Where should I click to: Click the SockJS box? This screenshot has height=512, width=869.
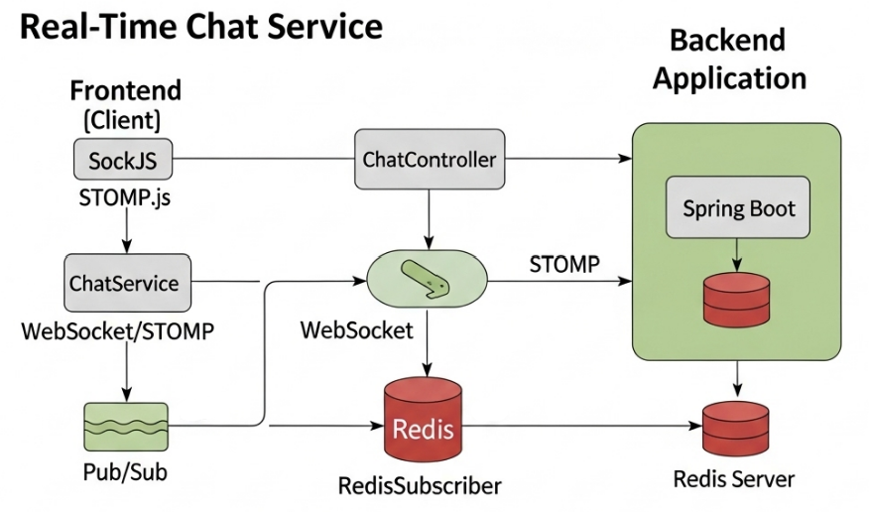click(123, 159)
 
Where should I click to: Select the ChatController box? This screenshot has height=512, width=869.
click(429, 159)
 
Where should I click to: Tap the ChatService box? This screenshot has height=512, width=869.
click(123, 282)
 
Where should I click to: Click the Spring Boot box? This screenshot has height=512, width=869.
click(738, 209)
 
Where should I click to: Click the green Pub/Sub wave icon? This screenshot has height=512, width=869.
click(124, 427)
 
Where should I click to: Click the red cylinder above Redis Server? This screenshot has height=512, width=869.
click(737, 426)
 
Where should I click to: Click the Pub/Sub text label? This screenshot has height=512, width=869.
click(125, 471)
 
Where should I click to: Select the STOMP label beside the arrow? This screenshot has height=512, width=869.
click(563, 264)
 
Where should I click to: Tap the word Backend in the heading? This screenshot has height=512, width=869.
click(727, 41)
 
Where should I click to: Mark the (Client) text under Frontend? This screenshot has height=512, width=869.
click(124, 120)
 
